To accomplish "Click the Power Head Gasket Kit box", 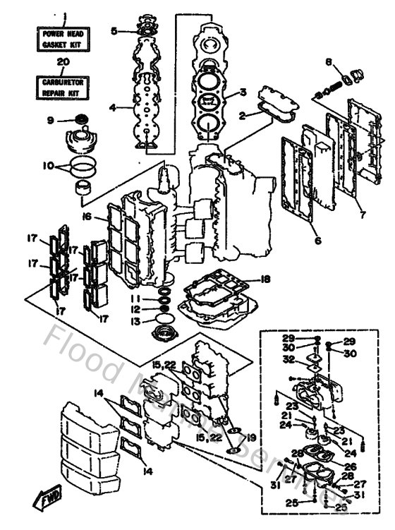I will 62,39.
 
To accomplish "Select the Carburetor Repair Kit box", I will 62,87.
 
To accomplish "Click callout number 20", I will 62,62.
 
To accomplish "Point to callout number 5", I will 114,30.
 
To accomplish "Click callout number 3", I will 243,92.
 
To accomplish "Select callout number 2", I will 243,114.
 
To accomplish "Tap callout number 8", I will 329,62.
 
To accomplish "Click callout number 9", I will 50,120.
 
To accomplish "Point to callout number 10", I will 49,167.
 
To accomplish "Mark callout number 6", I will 317,241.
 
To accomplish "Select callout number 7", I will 363,213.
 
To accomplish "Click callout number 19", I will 251,437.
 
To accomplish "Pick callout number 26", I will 351,466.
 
